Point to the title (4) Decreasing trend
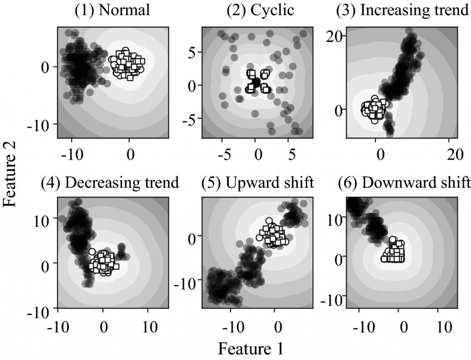point(110,183)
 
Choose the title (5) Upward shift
point(258,183)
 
